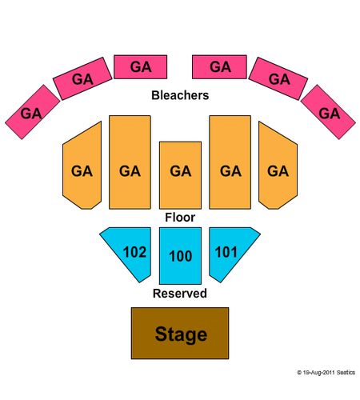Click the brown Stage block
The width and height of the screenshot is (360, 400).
point(180,333)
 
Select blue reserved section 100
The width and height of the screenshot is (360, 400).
point(180,256)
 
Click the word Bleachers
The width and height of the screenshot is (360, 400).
point(180,95)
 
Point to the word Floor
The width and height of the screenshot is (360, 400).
point(180,218)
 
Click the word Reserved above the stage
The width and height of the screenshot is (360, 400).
point(180,294)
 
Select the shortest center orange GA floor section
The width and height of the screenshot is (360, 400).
point(180,175)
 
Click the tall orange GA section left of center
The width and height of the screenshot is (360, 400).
point(130,162)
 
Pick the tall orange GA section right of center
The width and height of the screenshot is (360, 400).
point(230,162)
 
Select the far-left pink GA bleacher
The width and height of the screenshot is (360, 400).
point(32,112)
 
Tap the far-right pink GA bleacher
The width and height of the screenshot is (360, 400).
point(328,112)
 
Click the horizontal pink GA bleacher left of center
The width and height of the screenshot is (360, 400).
point(141,67)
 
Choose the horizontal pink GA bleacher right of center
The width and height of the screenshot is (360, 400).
point(219,67)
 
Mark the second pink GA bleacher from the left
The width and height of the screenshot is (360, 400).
point(82,78)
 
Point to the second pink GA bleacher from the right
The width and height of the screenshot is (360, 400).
point(278,78)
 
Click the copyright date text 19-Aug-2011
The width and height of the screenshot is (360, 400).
point(318,373)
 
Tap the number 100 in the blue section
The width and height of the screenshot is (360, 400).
point(181,256)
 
